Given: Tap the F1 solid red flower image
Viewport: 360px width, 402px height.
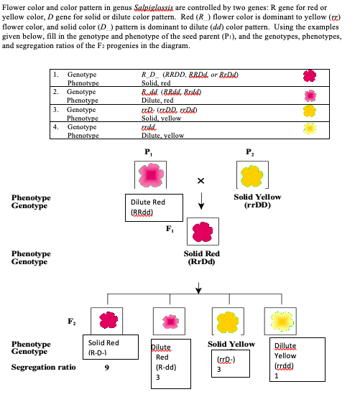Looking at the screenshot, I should click(199, 232).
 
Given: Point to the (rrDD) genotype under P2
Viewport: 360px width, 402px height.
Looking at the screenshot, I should click(257, 205).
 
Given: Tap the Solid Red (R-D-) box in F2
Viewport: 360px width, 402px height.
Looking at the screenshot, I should click(104, 348).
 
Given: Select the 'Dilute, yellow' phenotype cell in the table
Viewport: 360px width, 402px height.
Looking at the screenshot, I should click(160, 134).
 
